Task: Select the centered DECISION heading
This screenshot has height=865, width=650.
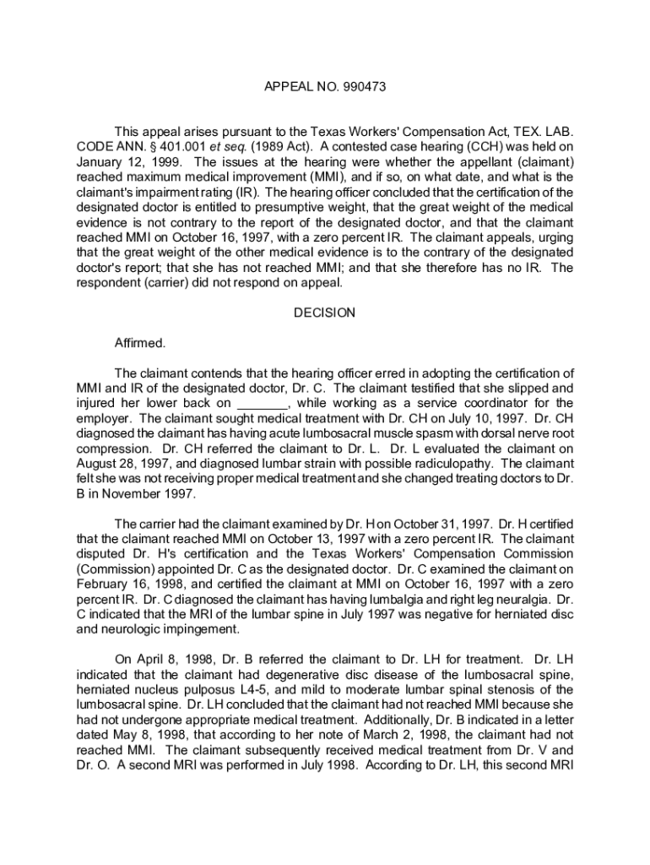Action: click(325, 313)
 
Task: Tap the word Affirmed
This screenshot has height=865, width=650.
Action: click(140, 343)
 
